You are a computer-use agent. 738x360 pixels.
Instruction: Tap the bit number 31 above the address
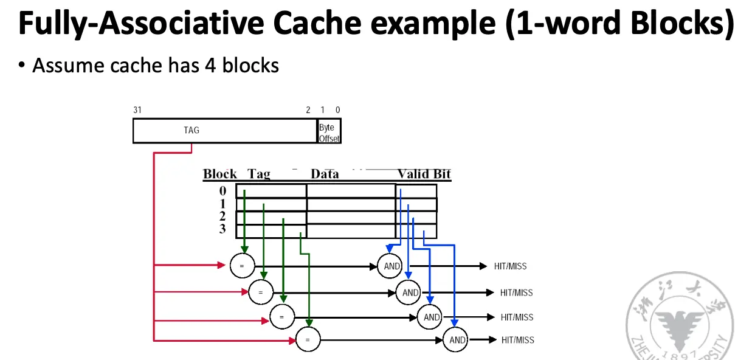[x=137, y=110]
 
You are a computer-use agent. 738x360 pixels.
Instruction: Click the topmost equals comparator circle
[x=242, y=266]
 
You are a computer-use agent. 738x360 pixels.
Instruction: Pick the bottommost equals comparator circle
[x=308, y=339]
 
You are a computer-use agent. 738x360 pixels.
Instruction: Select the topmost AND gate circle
[x=391, y=266]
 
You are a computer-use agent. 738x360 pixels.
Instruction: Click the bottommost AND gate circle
[x=456, y=339]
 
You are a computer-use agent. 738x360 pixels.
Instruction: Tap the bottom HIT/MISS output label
[x=517, y=339]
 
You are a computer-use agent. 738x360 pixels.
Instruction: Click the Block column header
[x=219, y=174]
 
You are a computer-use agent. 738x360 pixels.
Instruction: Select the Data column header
[x=325, y=174]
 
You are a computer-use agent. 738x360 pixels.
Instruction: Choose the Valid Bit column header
[x=424, y=174]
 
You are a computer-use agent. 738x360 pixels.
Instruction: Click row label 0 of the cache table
[x=222, y=191]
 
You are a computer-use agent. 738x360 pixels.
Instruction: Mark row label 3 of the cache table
[x=222, y=229]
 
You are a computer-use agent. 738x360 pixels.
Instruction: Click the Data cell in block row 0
[x=351, y=191]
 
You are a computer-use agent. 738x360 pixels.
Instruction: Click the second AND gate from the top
[x=410, y=292]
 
